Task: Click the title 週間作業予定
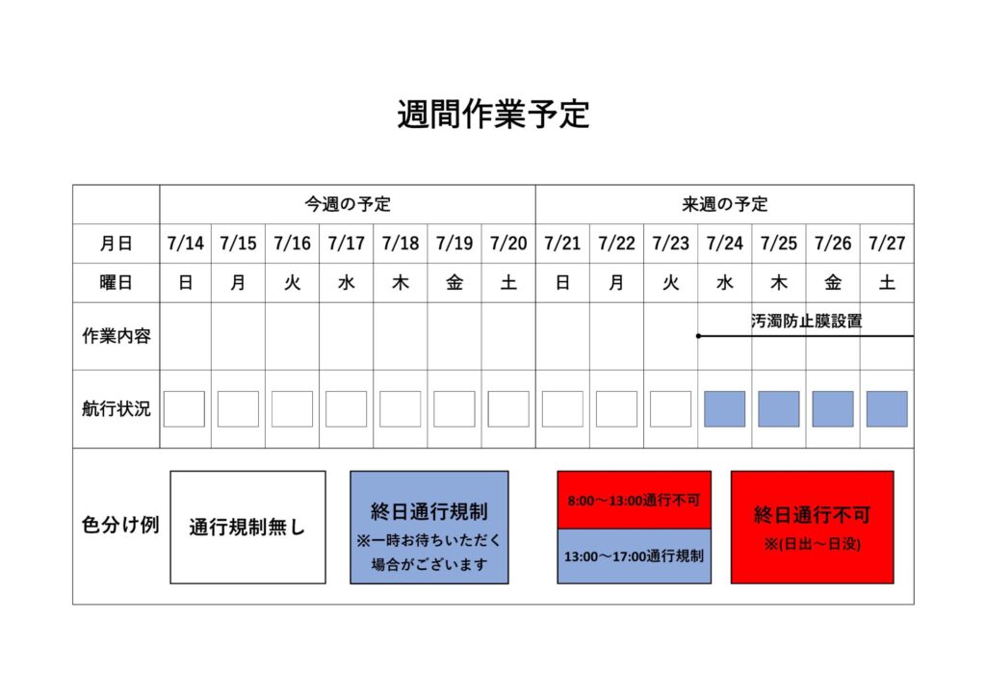[x=493, y=114]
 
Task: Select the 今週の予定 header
[x=348, y=204]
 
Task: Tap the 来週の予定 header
[x=725, y=204]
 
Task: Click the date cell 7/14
[x=186, y=244]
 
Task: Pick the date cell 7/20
[x=508, y=244]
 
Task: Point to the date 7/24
[x=725, y=244]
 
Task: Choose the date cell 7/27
[x=887, y=244]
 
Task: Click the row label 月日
[x=116, y=244]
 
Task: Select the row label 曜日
[x=116, y=283]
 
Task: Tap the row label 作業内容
[x=117, y=336]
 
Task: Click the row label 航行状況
[x=117, y=409]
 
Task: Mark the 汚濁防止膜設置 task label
[x=807, y=322]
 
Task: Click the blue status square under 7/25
[x=779, y=409]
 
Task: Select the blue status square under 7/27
[x=887, y=409]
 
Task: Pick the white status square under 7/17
[x=347, y=409]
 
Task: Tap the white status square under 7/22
[x=617, y=409]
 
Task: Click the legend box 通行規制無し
[x=247, y=528]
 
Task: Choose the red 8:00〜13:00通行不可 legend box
[x=634, y=500]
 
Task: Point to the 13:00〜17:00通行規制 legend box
[x=634, y=556]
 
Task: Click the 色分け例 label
[x=120, y=525]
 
